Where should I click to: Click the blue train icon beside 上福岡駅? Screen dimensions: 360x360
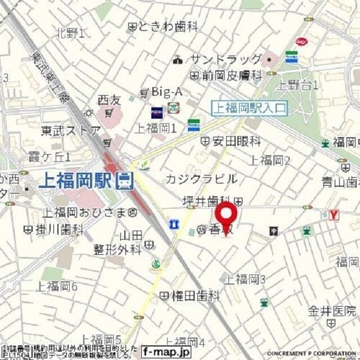pyautogui.click(x=124, y=181)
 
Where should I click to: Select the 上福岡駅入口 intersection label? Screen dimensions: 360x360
pyautogui.click(x=249, y=107)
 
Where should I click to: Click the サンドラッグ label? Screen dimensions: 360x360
pyautogui.click(x=226, y=59)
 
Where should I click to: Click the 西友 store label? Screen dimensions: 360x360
pyautogui.click(x=109, y=100)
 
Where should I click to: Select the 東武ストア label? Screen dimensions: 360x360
pyautogui.click(x=70, y=130)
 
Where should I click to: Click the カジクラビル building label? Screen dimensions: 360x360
pyautogui.click(x=201, y=179)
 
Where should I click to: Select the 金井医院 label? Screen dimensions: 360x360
pyautogui.click(x=332, y=310)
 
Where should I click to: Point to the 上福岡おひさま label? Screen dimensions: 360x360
pyautogui.click(x=85, y=213)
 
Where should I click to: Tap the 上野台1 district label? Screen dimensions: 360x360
pyautogui.click(x=299, y=85)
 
